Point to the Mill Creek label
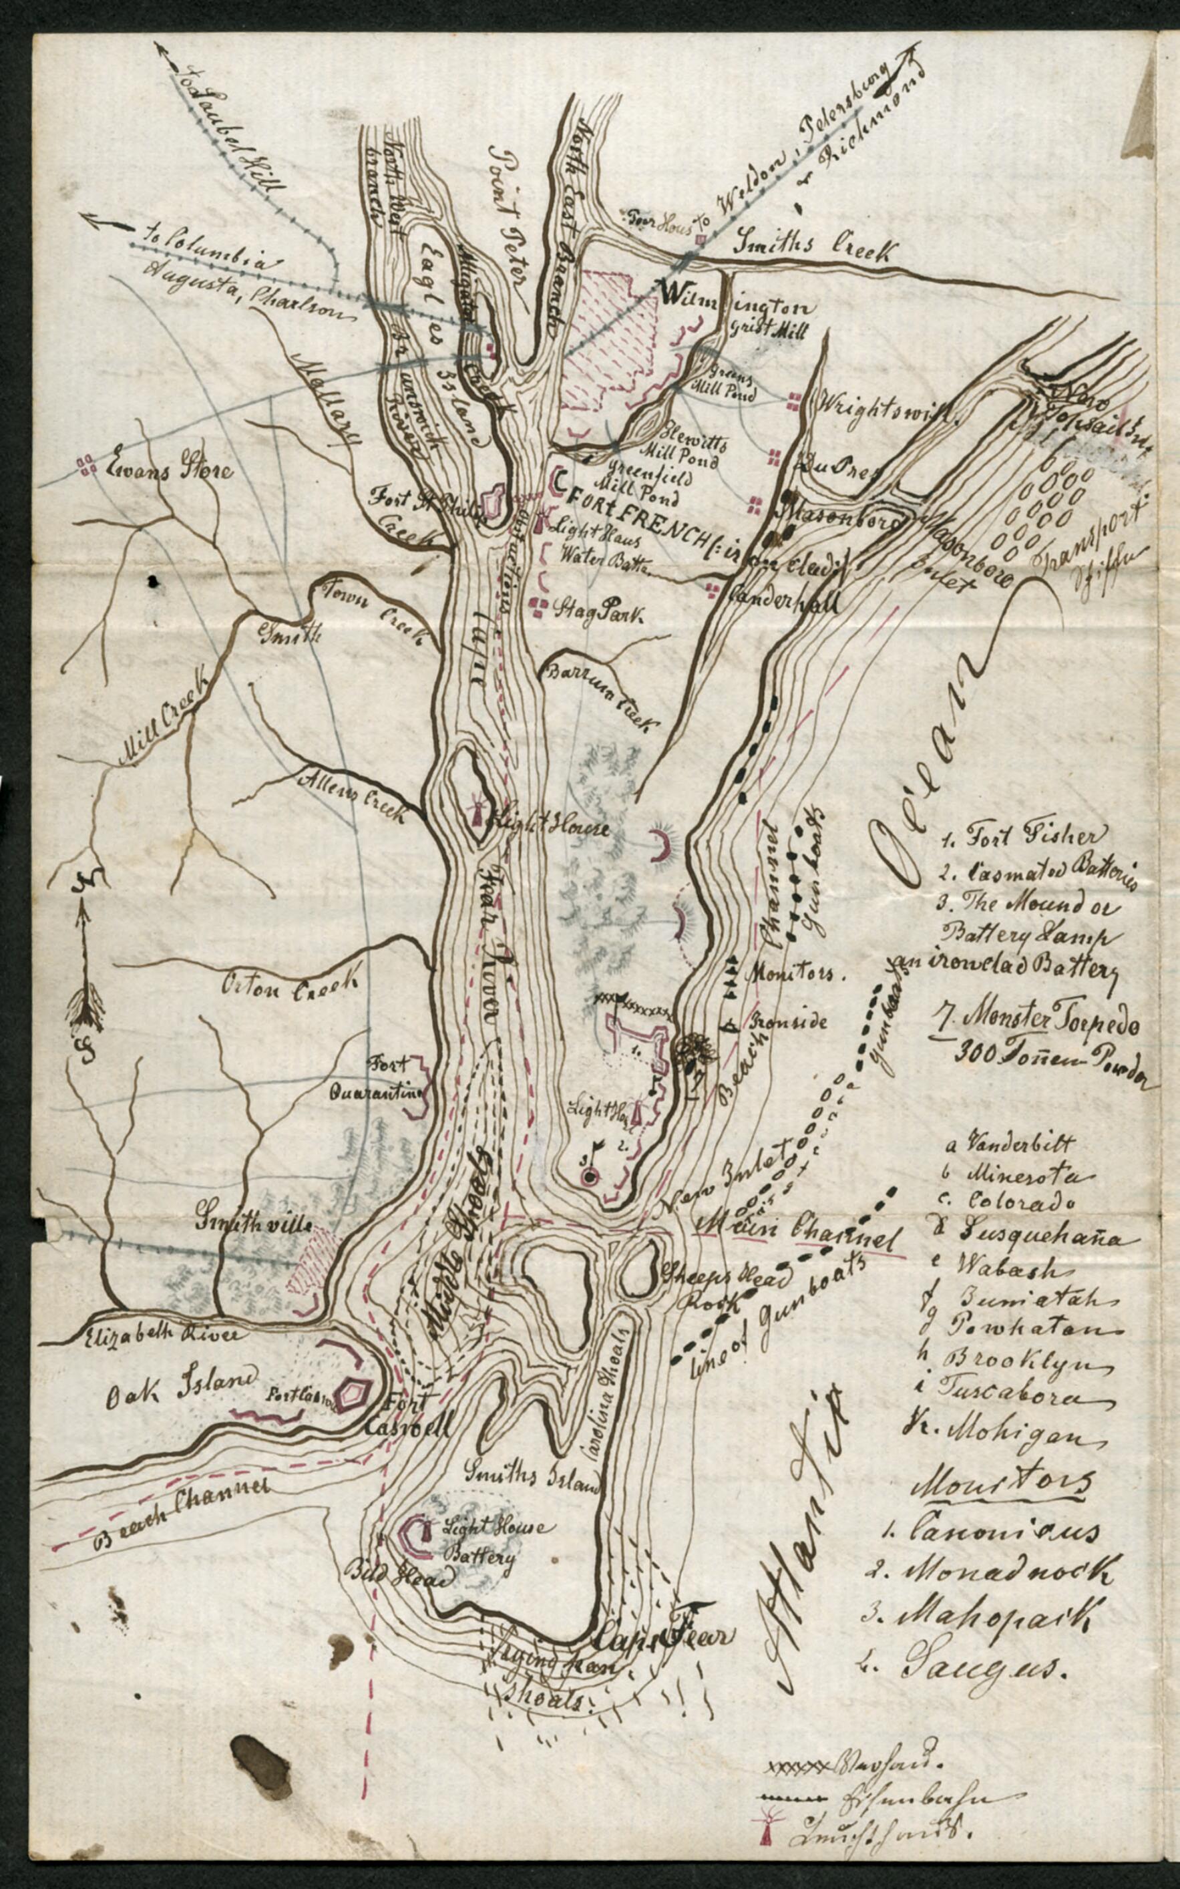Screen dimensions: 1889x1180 click(x=163, y=710)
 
